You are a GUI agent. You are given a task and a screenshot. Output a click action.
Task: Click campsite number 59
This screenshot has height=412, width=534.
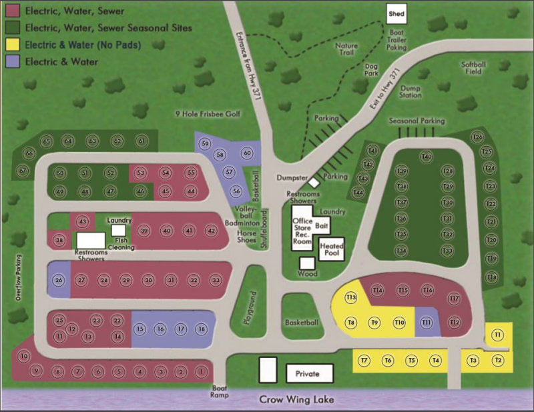pos(205,144)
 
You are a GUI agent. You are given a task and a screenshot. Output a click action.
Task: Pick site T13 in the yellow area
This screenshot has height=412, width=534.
pos(351,297)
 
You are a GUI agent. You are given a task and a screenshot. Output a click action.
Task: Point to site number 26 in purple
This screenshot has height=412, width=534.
pos(59,280)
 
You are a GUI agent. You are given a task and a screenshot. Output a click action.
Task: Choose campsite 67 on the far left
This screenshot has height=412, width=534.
pos(23,171)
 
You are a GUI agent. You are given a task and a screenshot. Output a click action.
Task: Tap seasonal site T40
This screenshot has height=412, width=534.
pos(427,157)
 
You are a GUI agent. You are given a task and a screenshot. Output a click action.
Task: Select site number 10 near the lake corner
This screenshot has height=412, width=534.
pos(25,357)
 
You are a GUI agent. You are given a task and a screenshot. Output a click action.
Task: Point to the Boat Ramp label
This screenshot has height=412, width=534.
pos(220,391)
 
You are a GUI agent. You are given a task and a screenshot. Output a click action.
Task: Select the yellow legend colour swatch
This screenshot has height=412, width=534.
pos(11,45)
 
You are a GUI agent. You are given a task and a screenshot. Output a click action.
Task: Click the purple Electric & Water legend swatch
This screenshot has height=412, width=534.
pos(11,62)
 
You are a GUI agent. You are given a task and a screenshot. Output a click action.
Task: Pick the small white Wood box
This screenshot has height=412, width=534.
pos(307,264)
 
